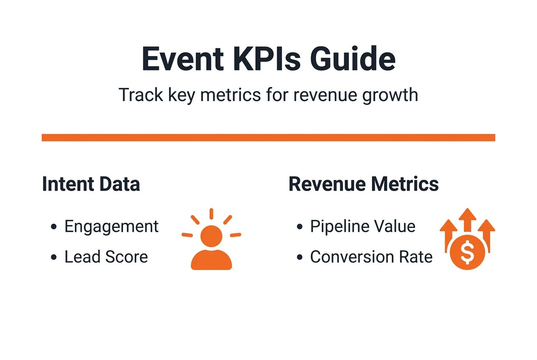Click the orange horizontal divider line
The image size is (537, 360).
tap(268, 138)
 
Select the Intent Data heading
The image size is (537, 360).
tap(91, 184)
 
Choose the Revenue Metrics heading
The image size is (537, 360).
tap(364, 184)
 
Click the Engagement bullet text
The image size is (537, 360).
tap(111, 227)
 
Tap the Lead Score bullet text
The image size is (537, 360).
tap(106, 257)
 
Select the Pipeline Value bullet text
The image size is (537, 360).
tap(362, 227)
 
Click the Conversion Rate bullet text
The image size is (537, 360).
tap(371, 257)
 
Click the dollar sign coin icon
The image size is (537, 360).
tap(467, 253)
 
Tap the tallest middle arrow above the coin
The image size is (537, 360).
tap(467, 221)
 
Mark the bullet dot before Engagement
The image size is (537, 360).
tap(54, 227)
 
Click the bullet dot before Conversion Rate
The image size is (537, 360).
tap(300, 257)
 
